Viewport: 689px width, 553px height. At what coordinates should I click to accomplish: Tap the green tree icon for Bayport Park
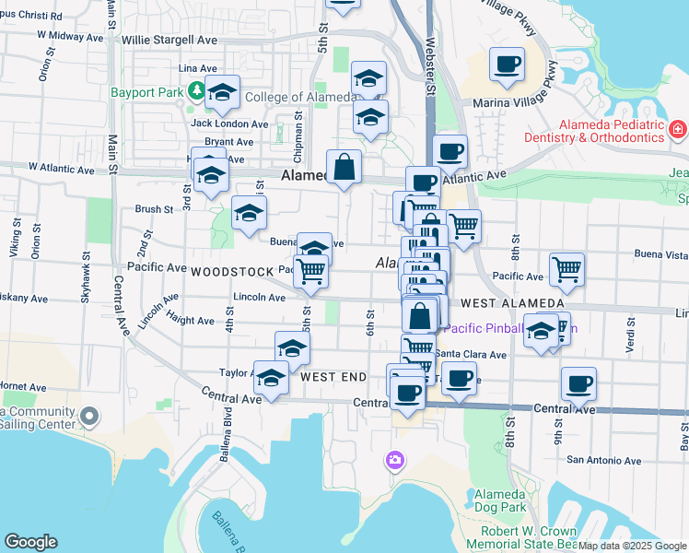196,90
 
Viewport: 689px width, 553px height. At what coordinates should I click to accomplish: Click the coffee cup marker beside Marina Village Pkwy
507,65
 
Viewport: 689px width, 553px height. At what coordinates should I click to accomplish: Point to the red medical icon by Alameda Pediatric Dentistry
678,130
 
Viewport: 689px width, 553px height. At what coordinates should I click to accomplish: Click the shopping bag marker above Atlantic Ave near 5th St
344,168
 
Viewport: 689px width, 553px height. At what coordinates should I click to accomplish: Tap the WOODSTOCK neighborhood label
232,272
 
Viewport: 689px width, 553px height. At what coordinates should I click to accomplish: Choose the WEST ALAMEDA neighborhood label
512,303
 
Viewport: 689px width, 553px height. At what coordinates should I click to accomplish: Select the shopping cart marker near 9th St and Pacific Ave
566,270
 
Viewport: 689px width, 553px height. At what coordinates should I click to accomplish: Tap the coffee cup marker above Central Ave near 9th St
578,384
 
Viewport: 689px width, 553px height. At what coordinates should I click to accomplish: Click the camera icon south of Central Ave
395,459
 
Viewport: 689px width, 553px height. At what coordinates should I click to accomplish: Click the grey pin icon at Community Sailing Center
89,418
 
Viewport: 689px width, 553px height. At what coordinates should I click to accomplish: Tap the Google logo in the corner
30,542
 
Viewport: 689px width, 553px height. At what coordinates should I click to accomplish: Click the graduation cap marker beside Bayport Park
222,93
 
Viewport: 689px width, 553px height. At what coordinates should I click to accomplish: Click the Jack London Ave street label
229,124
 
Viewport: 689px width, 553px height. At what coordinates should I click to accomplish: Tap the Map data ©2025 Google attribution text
632,546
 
